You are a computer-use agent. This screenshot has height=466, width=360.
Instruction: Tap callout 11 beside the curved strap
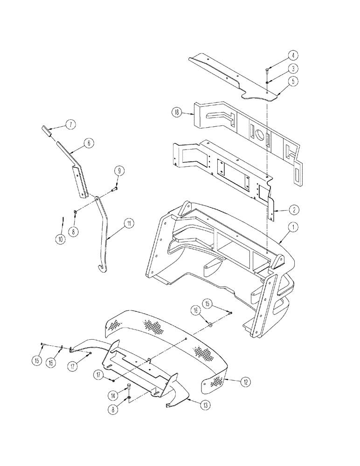(129, 224)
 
